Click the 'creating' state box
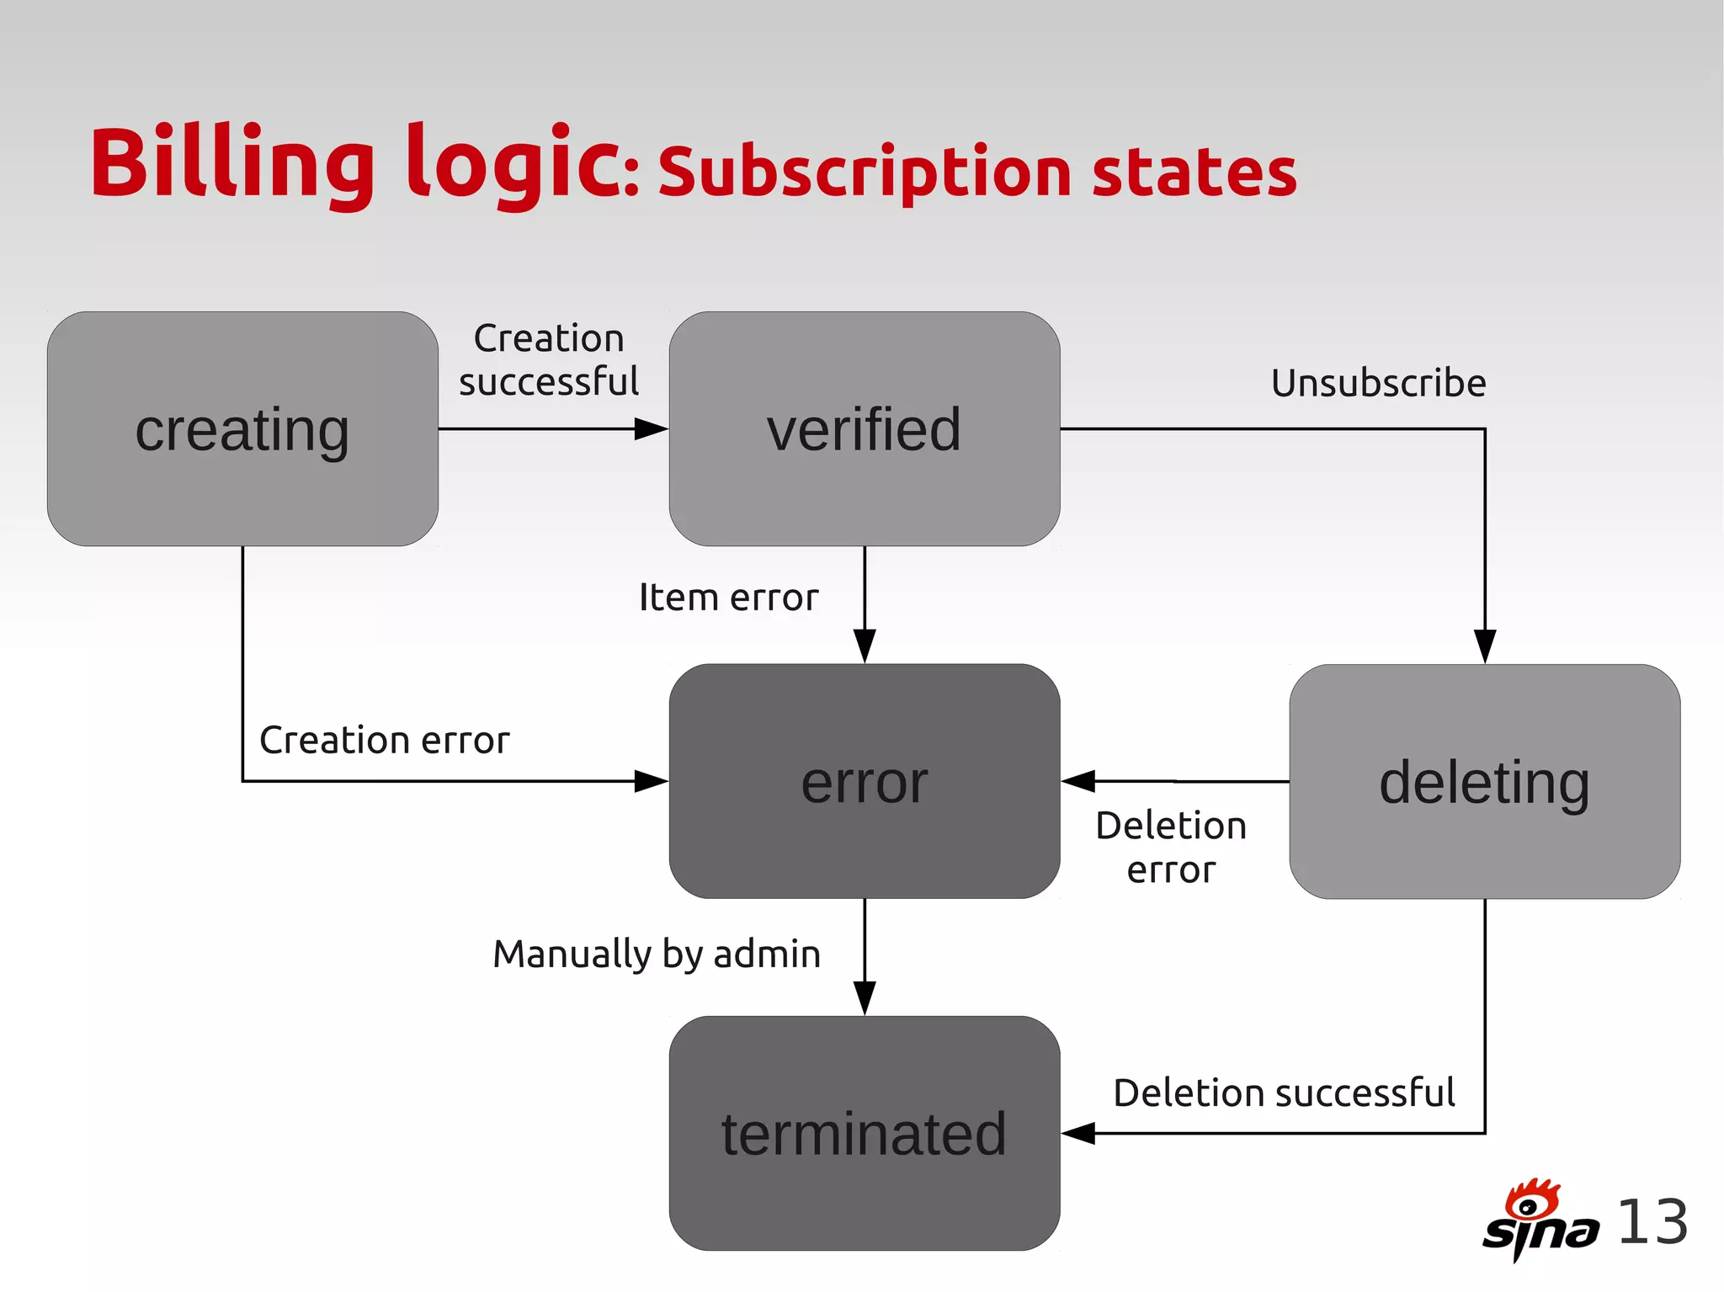(x=242, y=429)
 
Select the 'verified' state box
(x=864, y=429)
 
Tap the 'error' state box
(x=864, y=781)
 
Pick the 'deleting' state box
(x=1484, y=781)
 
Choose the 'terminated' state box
(x=864, y=1133)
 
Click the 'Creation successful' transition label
(x=549, y=360)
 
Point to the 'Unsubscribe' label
(x=1378, y=383)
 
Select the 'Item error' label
(x=728, y=598)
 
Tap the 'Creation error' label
(x=384, y=741)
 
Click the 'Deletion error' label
(x=1171, y=848)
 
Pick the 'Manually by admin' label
(x=657, y=954)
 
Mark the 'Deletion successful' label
(x=1284, y=1093)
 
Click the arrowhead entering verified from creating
(x=652, y=429)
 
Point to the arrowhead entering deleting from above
(x=1485, y=646)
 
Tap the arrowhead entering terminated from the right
(x=1077, y=1134)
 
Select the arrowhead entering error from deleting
(x=1077, y=781)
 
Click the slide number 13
(x=1652, y=1222)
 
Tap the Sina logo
(x=1540, y=1220)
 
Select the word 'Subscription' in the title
(x=865, y=173)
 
